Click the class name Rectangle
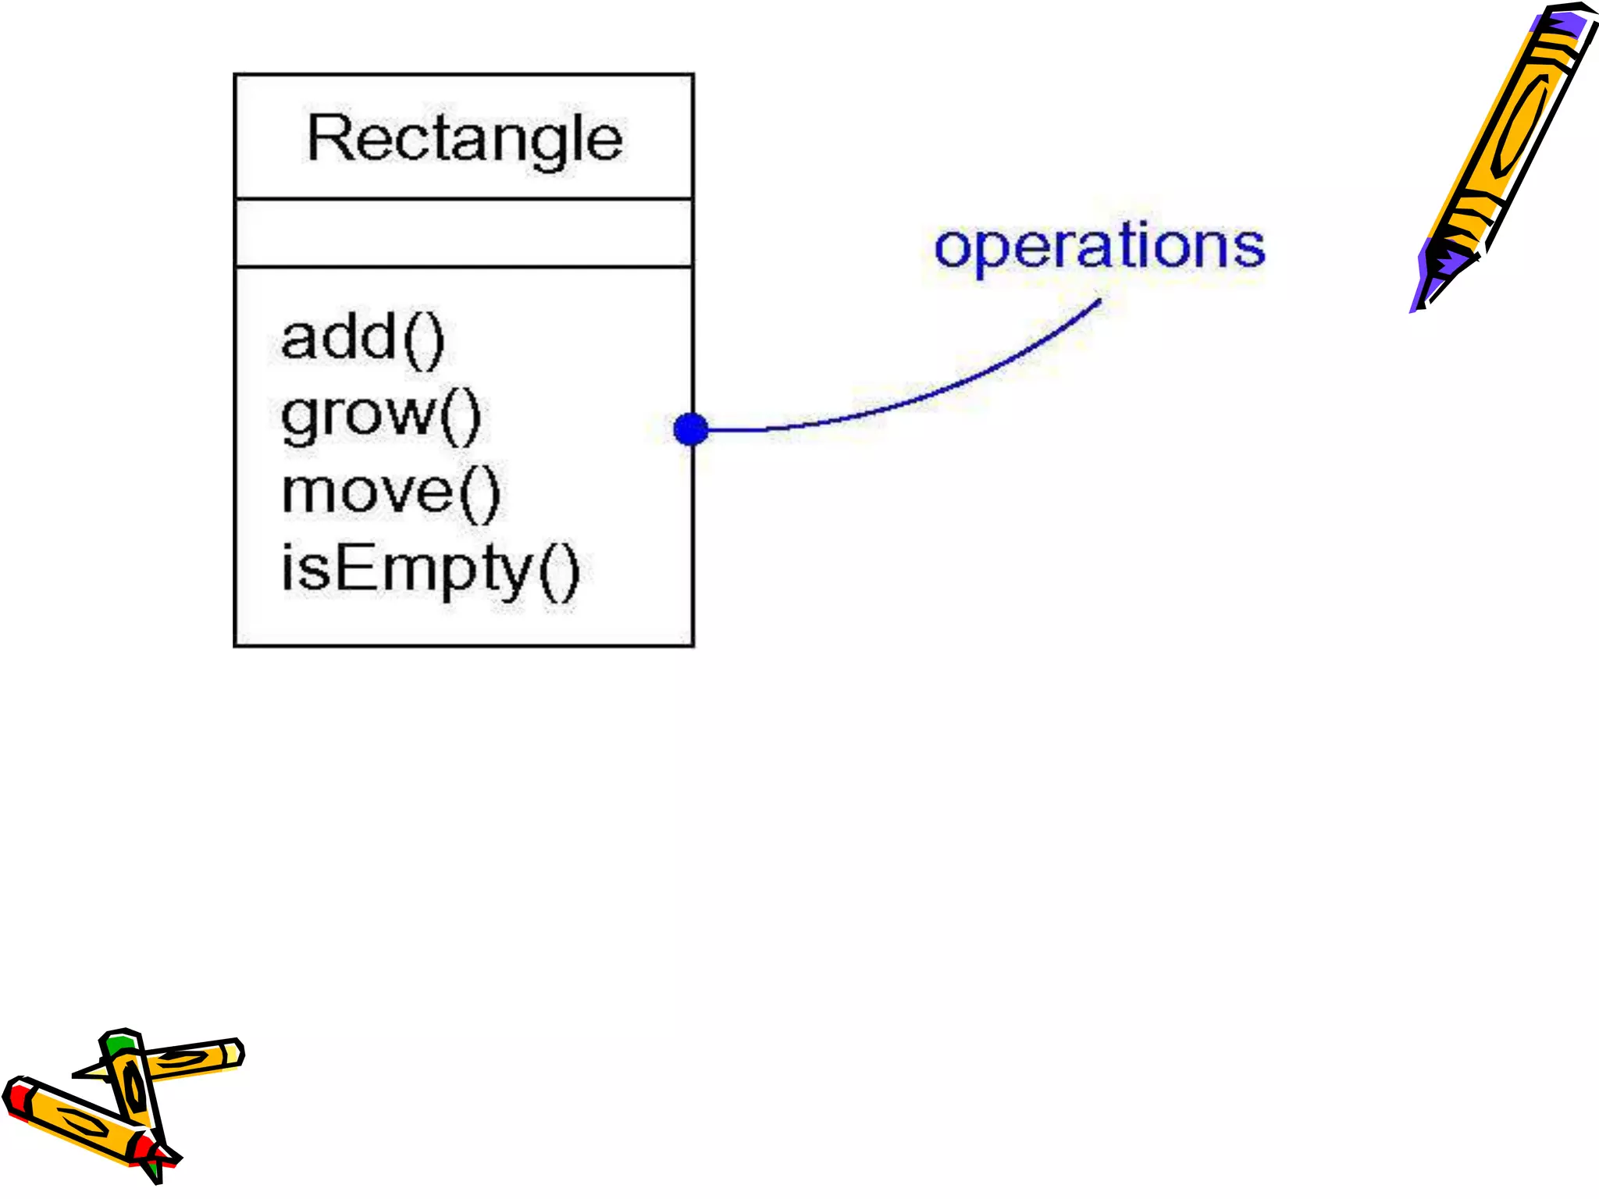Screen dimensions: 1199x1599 (465, 139)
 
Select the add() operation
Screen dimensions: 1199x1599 (362, 339)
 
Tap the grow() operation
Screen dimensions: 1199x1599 (380, 415)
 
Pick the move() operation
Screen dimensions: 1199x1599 (390, 493)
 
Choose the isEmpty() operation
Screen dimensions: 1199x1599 (430, 569)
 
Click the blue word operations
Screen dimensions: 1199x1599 (1099, 246)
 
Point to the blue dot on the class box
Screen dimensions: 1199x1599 (691, 429)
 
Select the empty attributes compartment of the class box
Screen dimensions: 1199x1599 (464, 233)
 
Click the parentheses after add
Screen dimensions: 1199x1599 (426, 340)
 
